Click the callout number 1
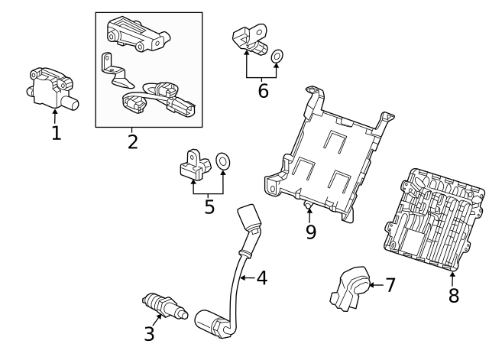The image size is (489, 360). [x=56, y=133]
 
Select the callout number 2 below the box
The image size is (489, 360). [x=133, y=141]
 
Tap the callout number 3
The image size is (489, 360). [x=149, y=333]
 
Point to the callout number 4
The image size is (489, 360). [x=261, y=278]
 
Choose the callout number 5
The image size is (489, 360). [x=209, y=206]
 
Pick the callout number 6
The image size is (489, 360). [x=263, y=92]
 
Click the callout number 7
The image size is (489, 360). [x=390, y=286]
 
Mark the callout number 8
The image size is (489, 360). [x=453, y=296]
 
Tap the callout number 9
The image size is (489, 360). [x=310, y=232]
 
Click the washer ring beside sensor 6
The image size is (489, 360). [x=278, y=55]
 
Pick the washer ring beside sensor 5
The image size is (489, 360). [x=223, y=161]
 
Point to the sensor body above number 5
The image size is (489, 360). [x=194, y=163]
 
